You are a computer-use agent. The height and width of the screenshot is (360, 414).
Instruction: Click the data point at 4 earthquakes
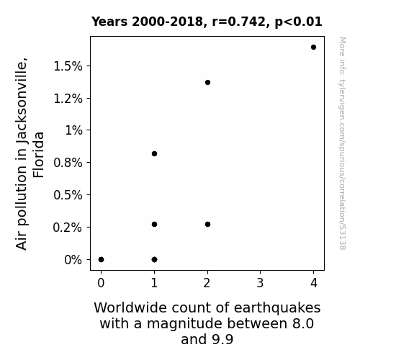[313, 48]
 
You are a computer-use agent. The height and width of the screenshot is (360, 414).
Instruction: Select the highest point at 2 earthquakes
[207, 82]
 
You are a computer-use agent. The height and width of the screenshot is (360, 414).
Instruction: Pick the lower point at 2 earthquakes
[207, 224]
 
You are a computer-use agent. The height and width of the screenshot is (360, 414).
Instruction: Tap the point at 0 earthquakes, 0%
[101, 260]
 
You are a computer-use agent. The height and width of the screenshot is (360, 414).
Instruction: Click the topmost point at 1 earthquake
[155, 153]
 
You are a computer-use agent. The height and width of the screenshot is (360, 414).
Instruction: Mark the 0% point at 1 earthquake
[155, 260]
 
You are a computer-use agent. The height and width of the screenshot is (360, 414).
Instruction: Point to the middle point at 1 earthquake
[155, 224]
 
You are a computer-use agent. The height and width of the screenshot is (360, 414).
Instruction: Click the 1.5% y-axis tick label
[68, 66]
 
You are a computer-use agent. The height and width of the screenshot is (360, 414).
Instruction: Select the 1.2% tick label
[68, 99]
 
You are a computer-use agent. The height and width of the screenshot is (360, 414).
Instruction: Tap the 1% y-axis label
[73, 130]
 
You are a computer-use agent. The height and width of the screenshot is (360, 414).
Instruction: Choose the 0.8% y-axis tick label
[68, 163]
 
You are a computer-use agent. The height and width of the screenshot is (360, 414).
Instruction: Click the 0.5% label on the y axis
[68, 195]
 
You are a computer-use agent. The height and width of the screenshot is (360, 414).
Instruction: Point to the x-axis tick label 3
[260, 283]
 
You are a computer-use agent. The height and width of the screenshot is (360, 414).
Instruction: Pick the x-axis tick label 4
[314, 283]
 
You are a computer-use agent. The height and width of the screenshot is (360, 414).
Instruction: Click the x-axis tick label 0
[101, 283]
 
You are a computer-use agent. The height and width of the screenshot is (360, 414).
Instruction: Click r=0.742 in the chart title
[239, 22]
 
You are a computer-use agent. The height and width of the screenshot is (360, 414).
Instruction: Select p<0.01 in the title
[298, 22]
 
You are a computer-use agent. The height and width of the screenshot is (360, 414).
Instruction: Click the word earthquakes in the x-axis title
[277, 308]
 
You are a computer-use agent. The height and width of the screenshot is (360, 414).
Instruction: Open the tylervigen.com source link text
[342, 143]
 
